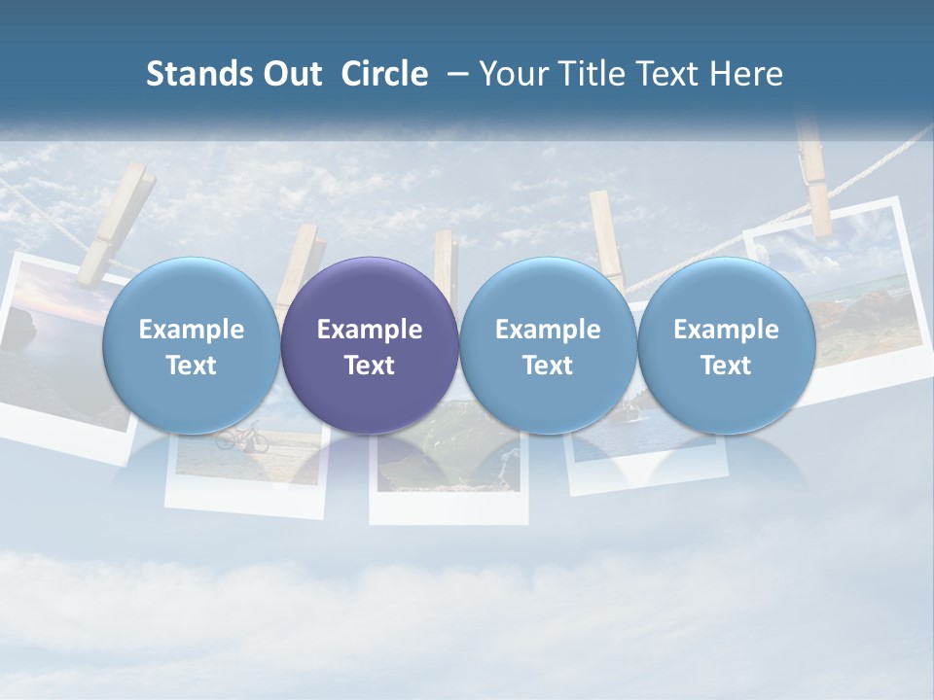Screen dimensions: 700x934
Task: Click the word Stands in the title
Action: pyautogui.click(x=198, y=74)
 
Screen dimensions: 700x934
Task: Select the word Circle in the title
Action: pyautogui.click(x=384, y=74)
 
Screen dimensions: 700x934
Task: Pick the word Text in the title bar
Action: pyautogui.click(x=672, y=74)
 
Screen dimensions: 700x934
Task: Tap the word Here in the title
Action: pyautogui.click(x=748, y=74)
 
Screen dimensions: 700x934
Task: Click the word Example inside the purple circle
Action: pyautogui.click(x=370, y=330)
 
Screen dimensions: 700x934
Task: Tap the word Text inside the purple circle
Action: pyautogui.click(x=370, y=366)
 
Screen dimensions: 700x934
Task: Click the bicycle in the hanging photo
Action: pyautogui.click(x=241, y=438)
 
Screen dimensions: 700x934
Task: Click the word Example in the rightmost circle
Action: pyautogui.click(x=727, y=330)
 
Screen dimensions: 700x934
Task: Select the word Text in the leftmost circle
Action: pyautogui.click(x=191, y=366)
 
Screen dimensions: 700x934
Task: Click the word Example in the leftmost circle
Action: pyautogui.click(x=191, y=330)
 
